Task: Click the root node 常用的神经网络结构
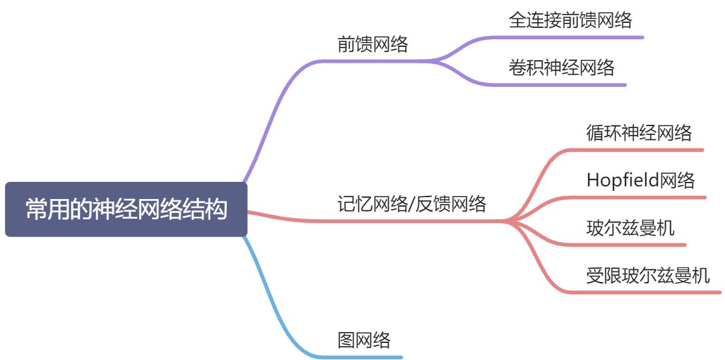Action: [x=126, y=209]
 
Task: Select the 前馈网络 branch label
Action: [x=373, y=44]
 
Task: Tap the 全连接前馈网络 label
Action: [x=570, y=20]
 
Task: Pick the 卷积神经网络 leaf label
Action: [x=561, y=67]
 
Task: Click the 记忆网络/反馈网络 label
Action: [x=412, y=203]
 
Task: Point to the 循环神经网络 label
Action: [x=639, y=132]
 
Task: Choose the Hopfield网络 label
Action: [x=641, y=180]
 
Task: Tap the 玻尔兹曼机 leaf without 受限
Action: [x=630, y=228]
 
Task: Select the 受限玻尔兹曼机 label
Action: [x=648, y=275]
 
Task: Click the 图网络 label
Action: [x=364, y=340]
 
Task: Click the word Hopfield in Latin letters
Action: [x=622, y=180]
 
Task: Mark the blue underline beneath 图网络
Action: [x=368, y=357]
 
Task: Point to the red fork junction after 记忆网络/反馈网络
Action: [x=507, y=221]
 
